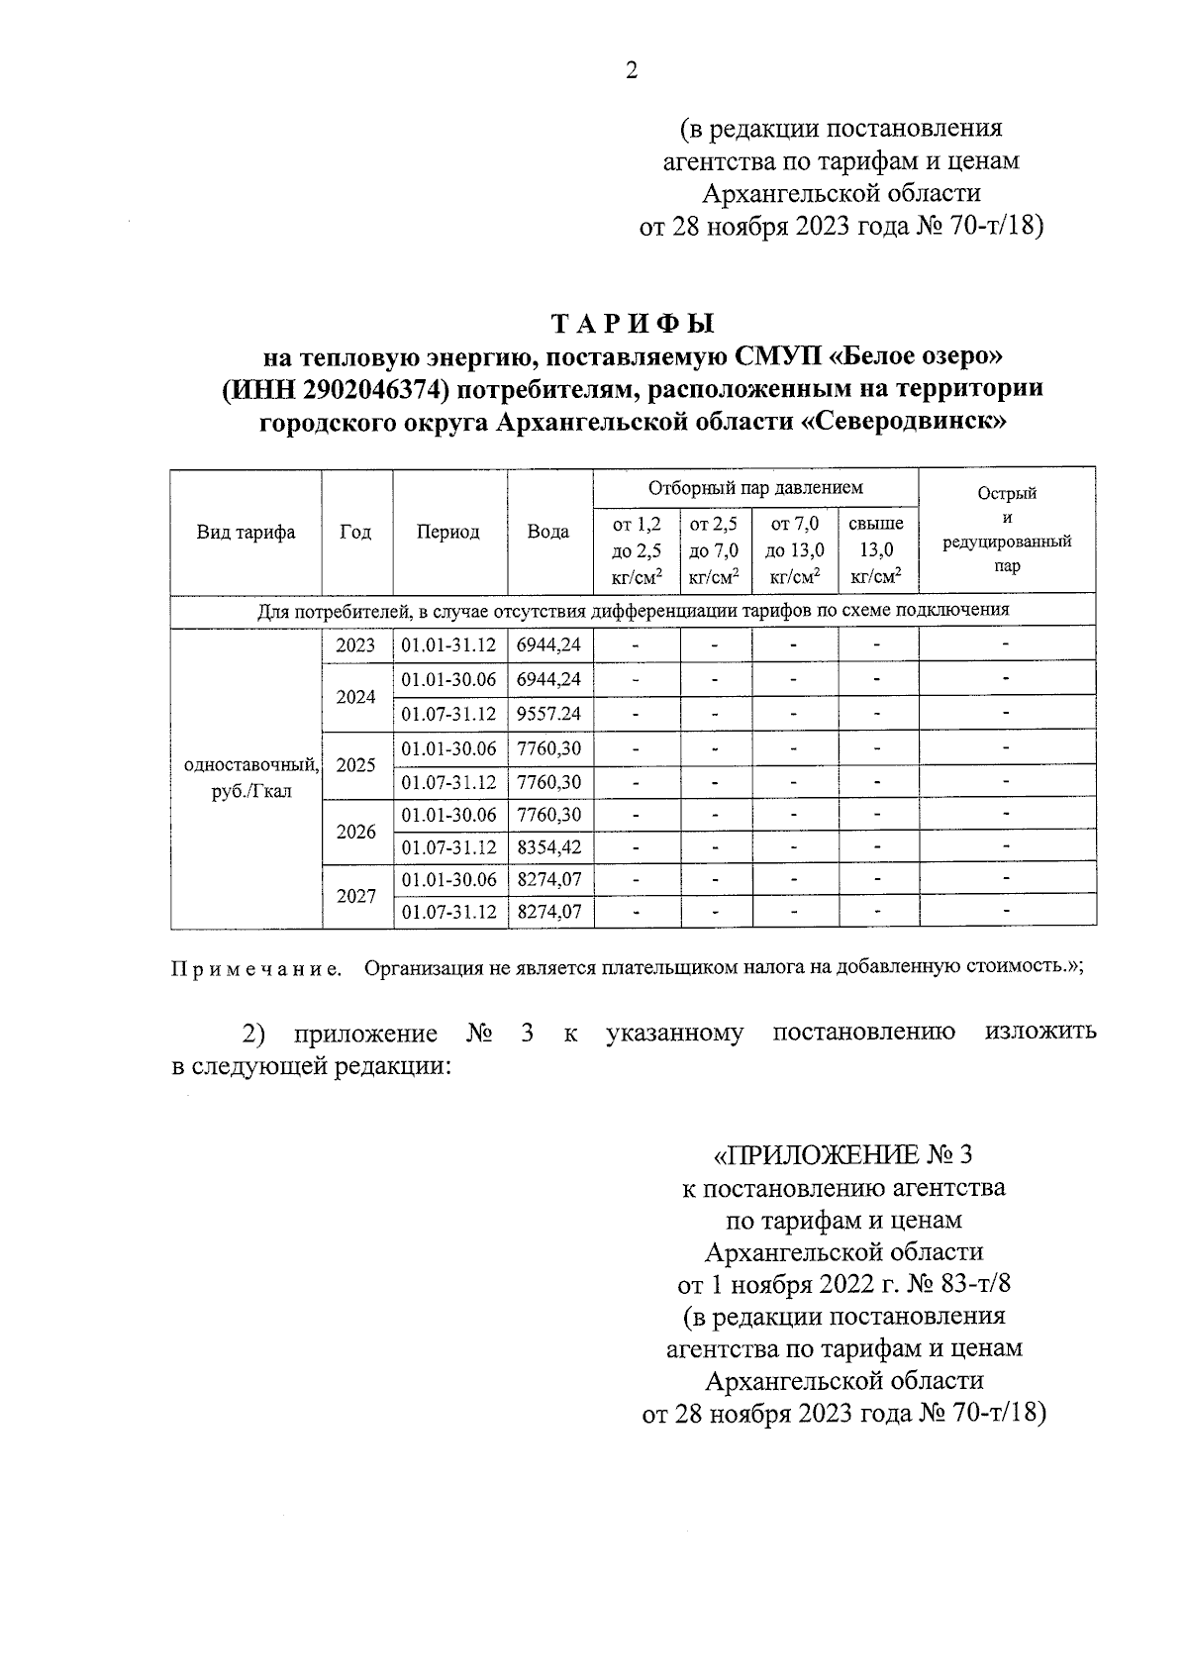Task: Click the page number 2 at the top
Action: tap(632, 69)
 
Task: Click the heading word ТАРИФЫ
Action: tap(632, 325)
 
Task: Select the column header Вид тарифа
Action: tap(246, 533)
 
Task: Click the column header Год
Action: tap(355, 533)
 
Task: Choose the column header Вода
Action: tap(547, 533)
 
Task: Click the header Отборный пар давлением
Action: tap(754, 488)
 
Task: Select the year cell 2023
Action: tap(355, 645)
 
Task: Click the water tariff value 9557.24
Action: tap(548, 714)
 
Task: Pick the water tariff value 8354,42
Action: tap(548, 848)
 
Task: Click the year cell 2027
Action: tap(355, 896)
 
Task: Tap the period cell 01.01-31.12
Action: tap(448, 645)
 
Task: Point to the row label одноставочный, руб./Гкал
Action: tap(246, 778)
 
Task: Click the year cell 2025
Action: tap(355, 765)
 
